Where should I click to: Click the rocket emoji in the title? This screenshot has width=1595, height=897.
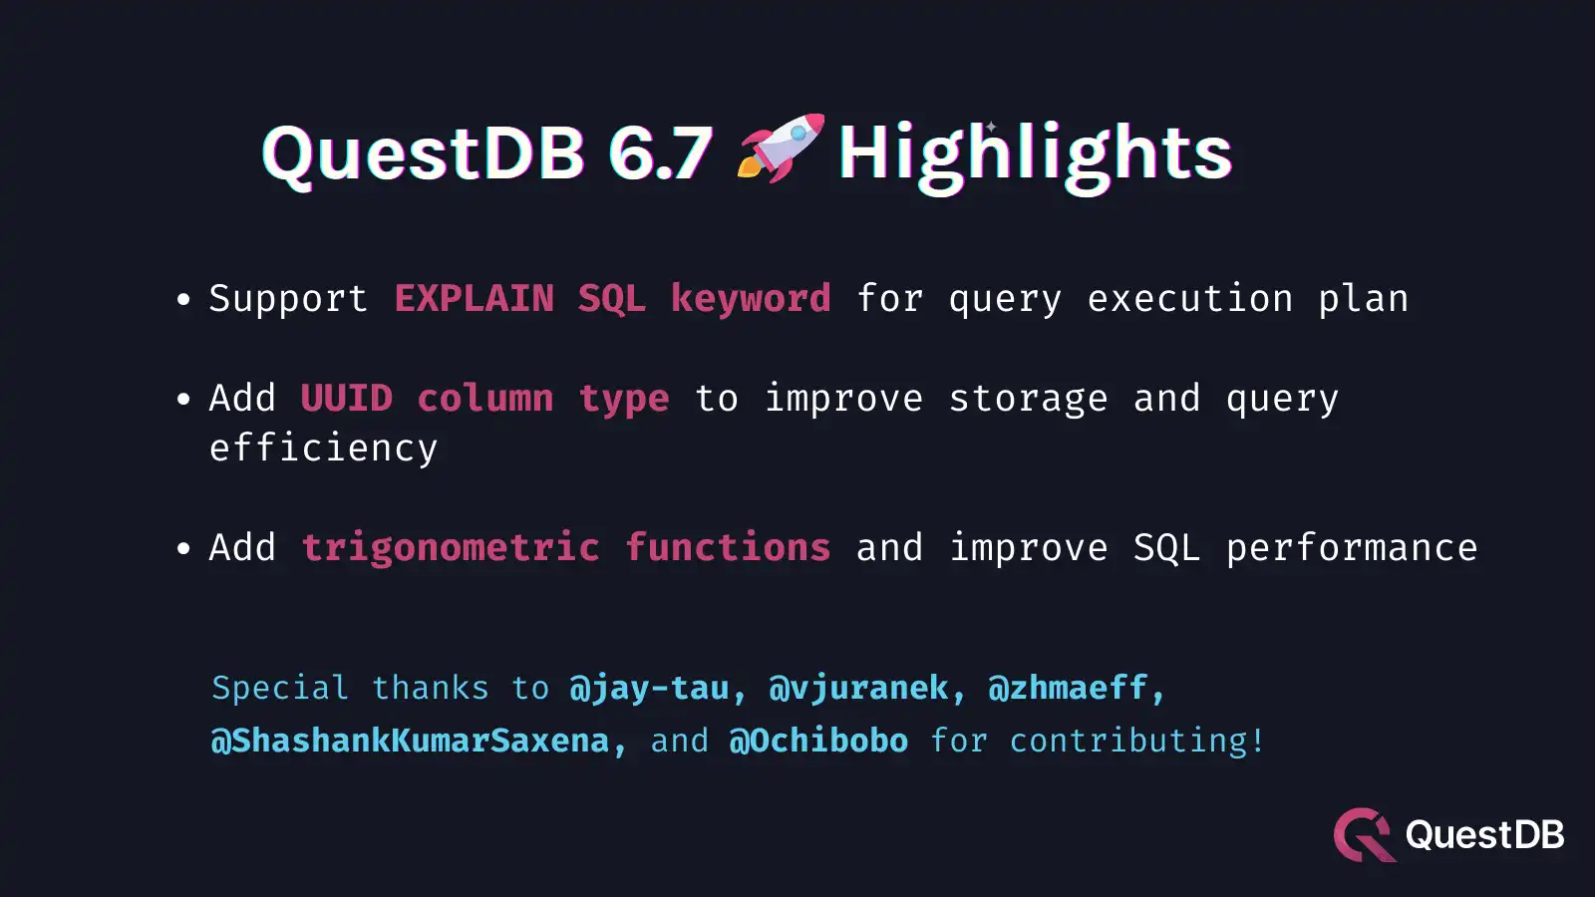pos(781,149)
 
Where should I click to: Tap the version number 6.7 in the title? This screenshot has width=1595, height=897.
pos(660,153)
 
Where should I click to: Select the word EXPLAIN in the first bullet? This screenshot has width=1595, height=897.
pos(474,298)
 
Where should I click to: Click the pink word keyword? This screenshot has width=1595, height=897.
pos(750,298)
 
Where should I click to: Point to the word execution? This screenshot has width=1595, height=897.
pos(1189,298)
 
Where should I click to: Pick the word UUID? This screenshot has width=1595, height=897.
pos(347,398)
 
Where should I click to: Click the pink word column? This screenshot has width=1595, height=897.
pos(485,398)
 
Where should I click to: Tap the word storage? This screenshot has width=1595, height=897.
pos(1028,398)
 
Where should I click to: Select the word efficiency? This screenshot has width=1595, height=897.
pos(323,448)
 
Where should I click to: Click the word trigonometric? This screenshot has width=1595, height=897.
pos(451,547)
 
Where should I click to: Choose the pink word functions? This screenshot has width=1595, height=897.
pos(728,547)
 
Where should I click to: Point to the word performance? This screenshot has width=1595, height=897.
pos(1351,547)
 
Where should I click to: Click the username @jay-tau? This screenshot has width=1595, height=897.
pos(649,688)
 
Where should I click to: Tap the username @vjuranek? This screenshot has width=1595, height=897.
pos(858,688)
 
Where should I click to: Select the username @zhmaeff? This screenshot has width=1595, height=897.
pos(1068,688)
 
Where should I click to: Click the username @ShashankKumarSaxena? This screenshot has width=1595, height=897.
pos(410,741)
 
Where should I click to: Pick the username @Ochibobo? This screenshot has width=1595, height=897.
pos(818,741)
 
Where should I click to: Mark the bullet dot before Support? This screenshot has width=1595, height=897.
pos(182,299)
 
